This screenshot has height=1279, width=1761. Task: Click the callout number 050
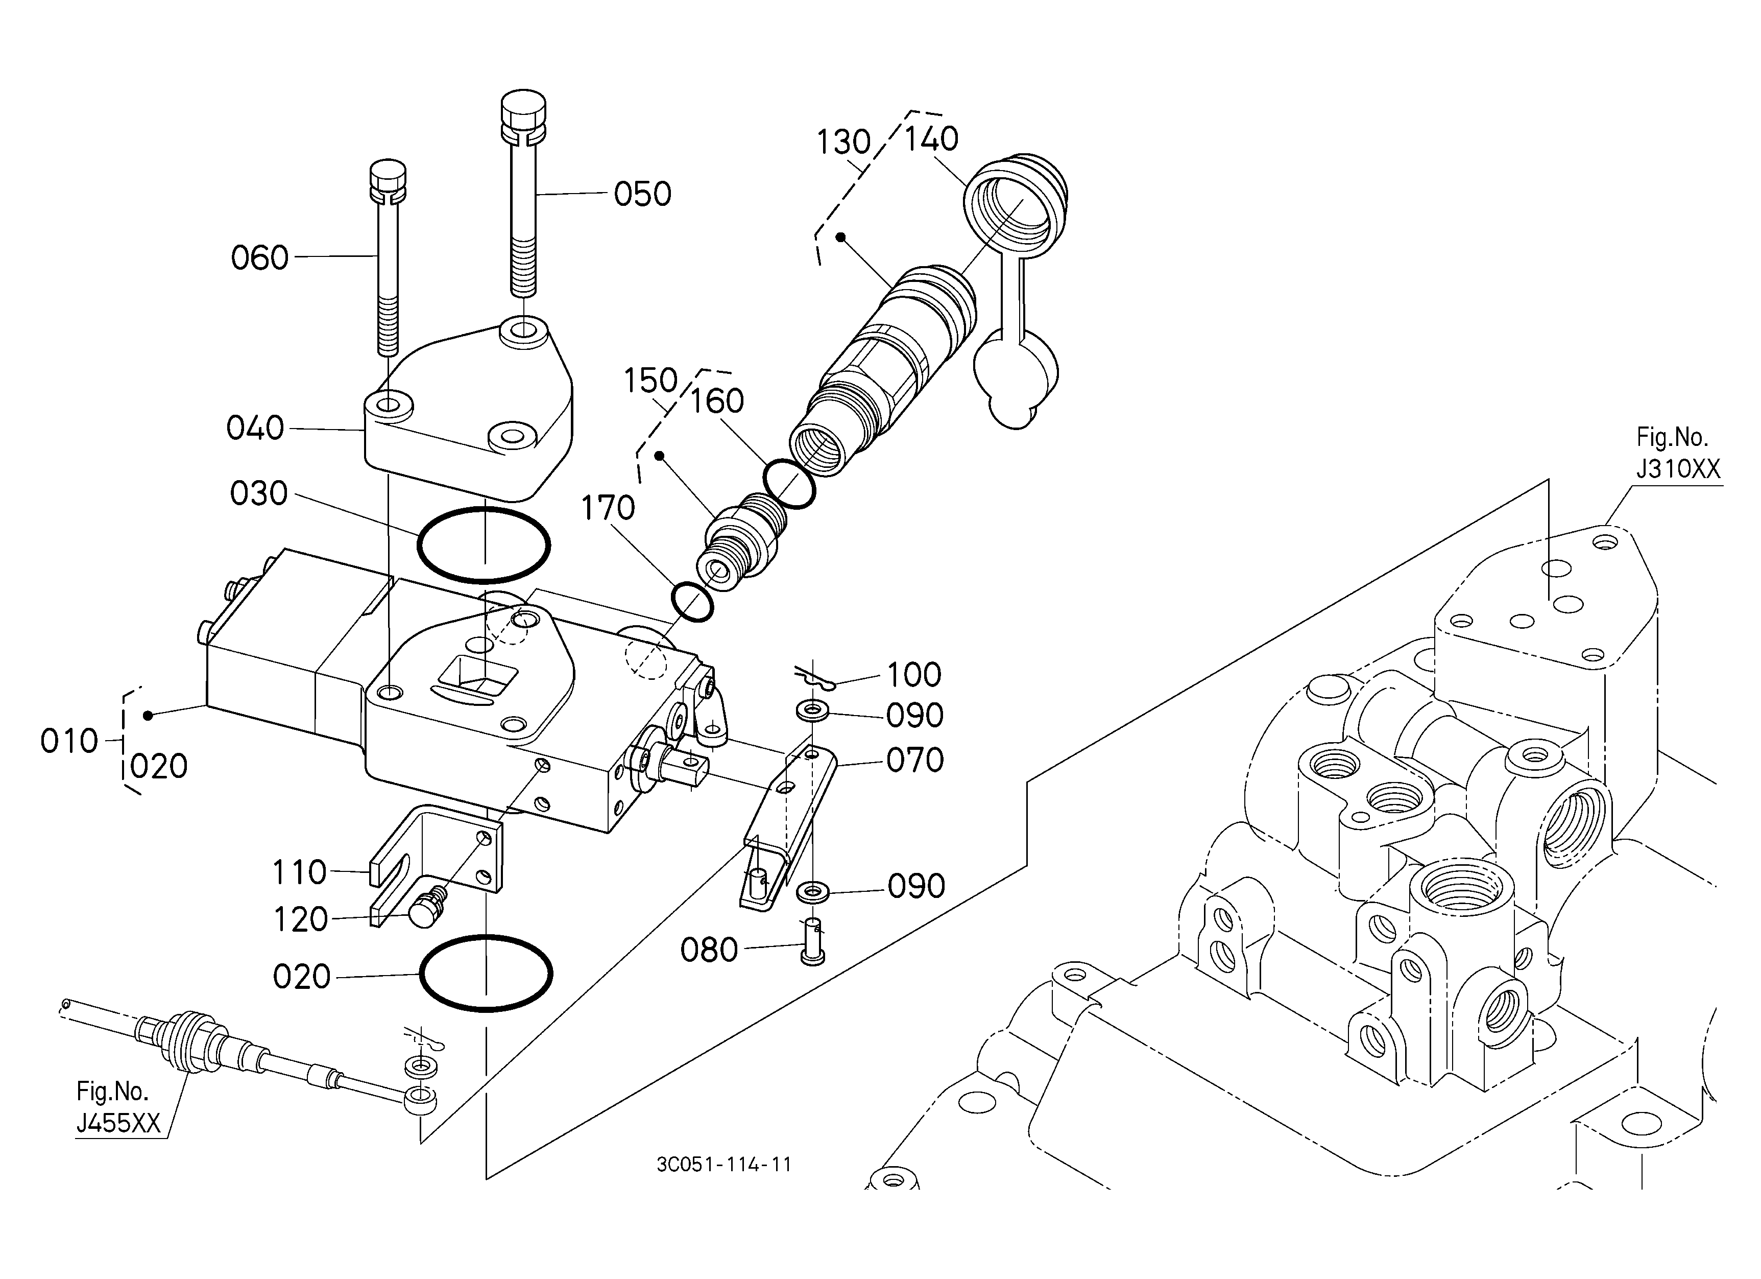[642, 194]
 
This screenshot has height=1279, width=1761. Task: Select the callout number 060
[259, 258]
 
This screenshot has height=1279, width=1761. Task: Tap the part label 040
[255, 429]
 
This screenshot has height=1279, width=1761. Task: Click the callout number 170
[608, 509]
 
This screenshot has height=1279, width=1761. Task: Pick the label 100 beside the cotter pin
[914, 675]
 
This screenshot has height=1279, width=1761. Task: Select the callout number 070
[914, 760]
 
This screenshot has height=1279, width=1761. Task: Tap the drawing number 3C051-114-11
[723, 1164]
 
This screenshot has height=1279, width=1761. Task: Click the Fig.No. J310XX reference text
[1678, 453]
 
